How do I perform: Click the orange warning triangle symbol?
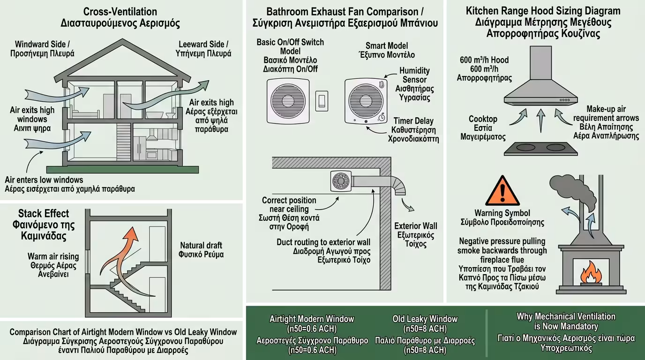pyautogui.click(x=502, y=191)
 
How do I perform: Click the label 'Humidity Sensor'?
pyautogui.click(x=414, y=75)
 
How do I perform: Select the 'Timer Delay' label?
pyautogui.click(x=413, y=121)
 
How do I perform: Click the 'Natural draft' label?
pyautogui.click(x=200, y=245)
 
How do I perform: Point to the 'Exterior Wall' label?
pyautogui.click(x=415, y=226)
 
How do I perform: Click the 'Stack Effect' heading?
pyautogui.click(x=44, y=214)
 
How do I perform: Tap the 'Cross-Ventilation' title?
pyautogui.click(x=120, y=11)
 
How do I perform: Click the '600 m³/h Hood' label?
pyautogui.click(x=484, y=60)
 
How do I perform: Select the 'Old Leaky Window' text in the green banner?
pyautogui.click(x=425, y=319)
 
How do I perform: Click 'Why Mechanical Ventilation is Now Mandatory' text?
pyautogui.click(x=566, y=321)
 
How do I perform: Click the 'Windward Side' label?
pyautogui.click(x=42, y=44)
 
